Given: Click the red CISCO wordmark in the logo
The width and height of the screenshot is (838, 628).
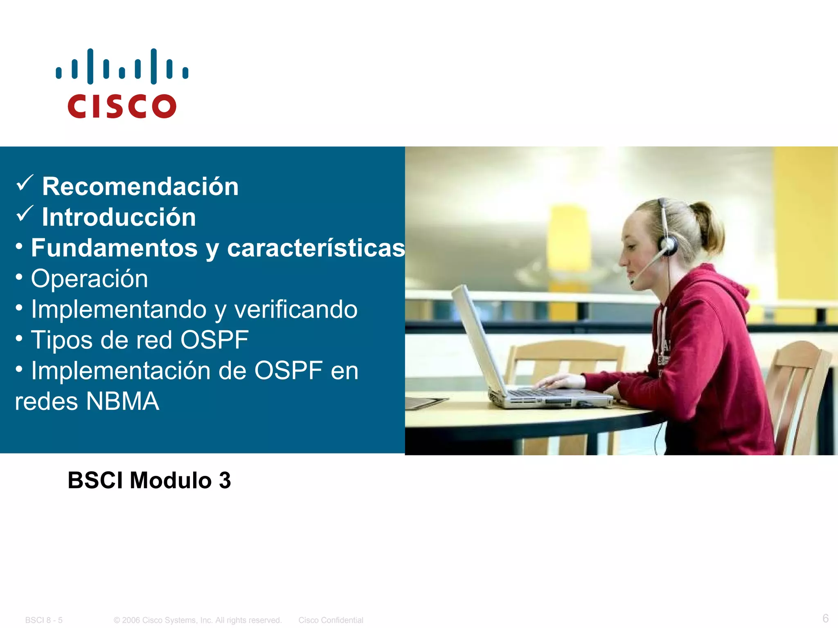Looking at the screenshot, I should tap(122, 106).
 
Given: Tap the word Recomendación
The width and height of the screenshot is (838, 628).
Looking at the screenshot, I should tap(140, 186).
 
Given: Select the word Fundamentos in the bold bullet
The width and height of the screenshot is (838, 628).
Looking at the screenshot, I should tap(114, 248).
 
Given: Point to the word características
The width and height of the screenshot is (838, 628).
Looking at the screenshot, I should tap(316, 248).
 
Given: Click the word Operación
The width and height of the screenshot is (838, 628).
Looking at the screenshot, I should tap(89, 279).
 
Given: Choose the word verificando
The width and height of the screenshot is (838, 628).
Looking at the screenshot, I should tap(296, 309).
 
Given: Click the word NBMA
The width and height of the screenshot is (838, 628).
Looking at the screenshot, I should tap(122, 401).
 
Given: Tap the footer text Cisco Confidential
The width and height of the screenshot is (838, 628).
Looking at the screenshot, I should tap(331, 620).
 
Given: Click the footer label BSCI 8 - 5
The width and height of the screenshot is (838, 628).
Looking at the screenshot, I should tap(44, 620).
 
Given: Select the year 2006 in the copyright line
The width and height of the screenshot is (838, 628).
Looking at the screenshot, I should tap(131, 620).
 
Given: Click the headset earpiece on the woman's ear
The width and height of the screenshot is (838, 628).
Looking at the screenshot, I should tap(668, 245).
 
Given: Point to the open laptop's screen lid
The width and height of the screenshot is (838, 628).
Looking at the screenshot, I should tap(479, 339).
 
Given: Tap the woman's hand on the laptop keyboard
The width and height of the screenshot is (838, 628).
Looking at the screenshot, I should tap(561, 382).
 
